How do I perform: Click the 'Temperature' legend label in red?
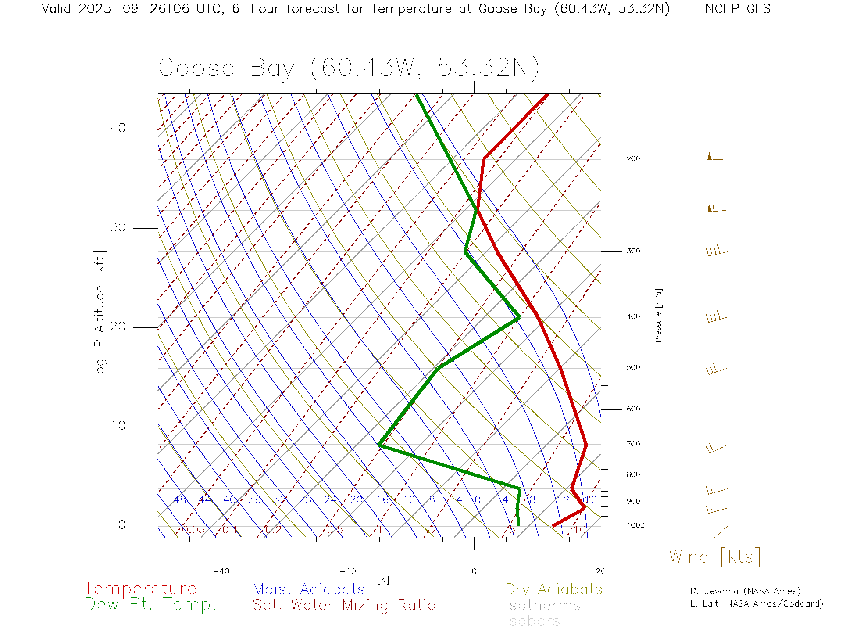click(140, 588)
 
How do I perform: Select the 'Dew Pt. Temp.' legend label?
click(150, 605)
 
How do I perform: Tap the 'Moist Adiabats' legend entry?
click(309, 589)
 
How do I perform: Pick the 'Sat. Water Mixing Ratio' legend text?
click(344, 605)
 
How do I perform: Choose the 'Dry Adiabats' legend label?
click(553, 589)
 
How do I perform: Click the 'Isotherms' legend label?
click(542, 605)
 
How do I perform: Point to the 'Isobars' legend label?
click(532, 621)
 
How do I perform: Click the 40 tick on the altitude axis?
click(118, 128)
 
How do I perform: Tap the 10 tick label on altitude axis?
click(118, 426)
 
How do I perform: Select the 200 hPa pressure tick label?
click(633, 159)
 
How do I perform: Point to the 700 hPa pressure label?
click(633, 444)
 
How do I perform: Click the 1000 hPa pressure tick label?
click(635, 525)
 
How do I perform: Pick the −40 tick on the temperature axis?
click(221, 571)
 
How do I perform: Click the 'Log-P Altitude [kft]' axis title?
click(100, 316)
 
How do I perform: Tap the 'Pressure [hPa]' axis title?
click(658, 315)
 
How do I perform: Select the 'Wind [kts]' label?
click(715, 557)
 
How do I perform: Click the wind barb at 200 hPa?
click(717, 157)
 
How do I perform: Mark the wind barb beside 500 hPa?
click(717, 370)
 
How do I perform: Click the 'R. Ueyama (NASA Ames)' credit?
click(745, 591)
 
